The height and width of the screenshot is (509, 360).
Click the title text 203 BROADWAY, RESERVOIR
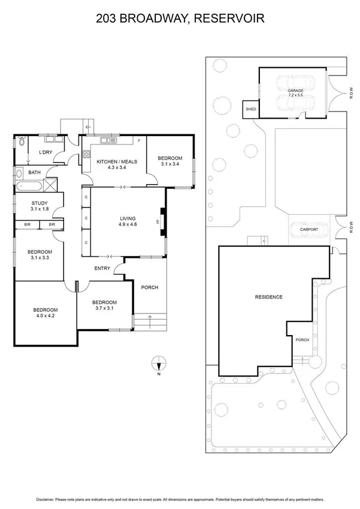click(x=180, y=19)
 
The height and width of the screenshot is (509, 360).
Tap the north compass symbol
click(x=158, y=363)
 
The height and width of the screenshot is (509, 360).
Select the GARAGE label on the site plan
click(x=295, y=91)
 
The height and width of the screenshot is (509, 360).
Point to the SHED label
click(x=250, y=110)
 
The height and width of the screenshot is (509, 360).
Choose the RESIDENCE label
click(x=268, y=297)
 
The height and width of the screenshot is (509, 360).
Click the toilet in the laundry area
click(x=21, y=143)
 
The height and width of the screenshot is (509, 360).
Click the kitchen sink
click(x=108, y=141)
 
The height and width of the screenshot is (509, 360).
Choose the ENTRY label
click(x=102, y=268)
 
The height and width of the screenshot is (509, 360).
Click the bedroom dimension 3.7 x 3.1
click(x=104, y=308)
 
